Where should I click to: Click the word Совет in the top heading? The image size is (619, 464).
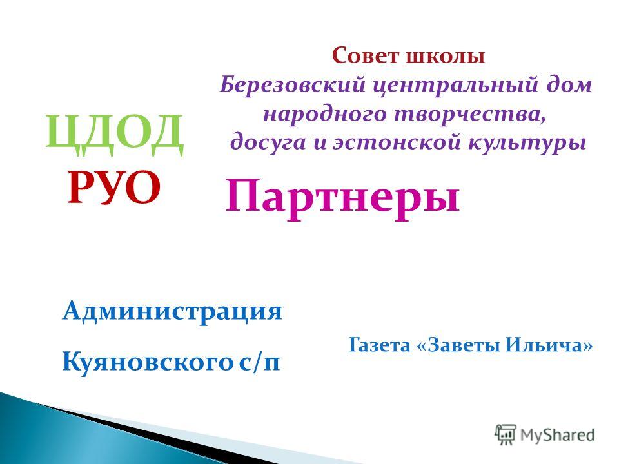coord(366,55)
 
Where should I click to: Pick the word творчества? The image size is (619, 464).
coord(470,115)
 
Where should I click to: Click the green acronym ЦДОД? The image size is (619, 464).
coord(115,134)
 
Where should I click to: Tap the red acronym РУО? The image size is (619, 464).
coord(113,188)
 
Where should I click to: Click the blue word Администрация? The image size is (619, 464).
coord(172,313)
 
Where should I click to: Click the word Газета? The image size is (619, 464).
coord(380,345)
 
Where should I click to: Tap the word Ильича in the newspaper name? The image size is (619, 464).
coord(545,345)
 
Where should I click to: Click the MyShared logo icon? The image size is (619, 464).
coord(506,435)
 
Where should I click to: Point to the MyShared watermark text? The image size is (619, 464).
coord(557,435)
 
